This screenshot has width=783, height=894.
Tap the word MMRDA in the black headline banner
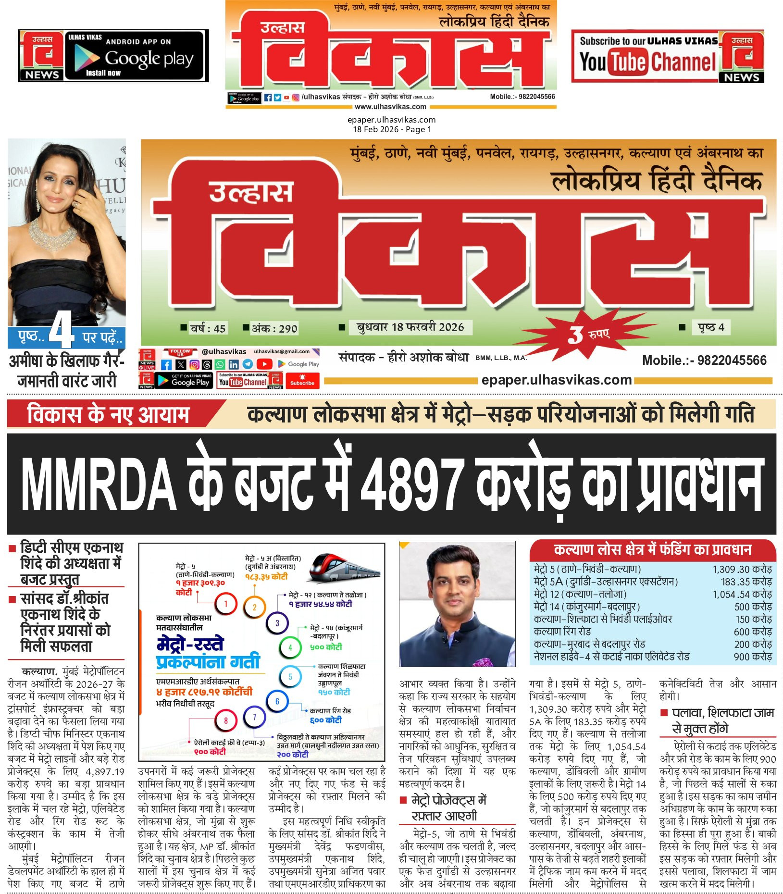point(99,484)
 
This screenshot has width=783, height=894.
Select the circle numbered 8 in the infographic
point(226,720)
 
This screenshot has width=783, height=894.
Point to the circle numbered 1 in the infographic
point(226,604)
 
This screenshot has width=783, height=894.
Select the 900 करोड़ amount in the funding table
point(752,657)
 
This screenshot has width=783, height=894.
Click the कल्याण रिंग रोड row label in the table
point(562,632)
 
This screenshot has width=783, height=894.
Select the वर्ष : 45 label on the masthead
point(207,328)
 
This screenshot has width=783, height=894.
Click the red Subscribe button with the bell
point(302,380)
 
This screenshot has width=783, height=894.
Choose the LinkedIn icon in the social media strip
point(234,365)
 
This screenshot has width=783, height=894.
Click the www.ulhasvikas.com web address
point(390,107)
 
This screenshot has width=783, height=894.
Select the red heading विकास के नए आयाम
point(108,414)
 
